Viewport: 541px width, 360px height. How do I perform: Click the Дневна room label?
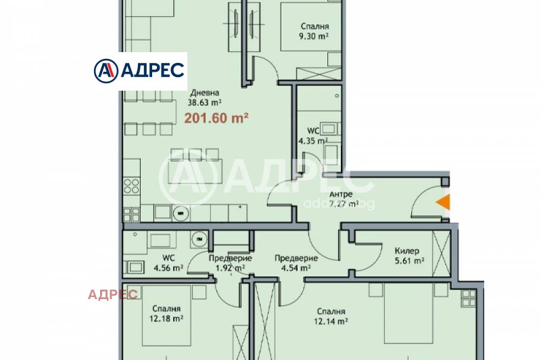[204, 93]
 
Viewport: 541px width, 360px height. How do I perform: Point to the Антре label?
[340, 195]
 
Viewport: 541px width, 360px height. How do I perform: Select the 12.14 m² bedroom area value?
[331, 322]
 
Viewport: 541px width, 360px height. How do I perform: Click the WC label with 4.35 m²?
[313, 132]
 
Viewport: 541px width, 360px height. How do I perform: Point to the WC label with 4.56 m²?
[168, 258]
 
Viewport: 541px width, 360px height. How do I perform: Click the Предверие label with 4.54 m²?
[296, 258]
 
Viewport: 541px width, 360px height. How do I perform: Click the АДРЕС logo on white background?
[139, 70]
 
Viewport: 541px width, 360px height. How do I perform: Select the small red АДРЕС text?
[113, 294]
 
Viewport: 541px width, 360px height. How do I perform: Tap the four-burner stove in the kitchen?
[131, 186]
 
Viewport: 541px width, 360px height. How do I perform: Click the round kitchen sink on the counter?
[179, 212]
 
